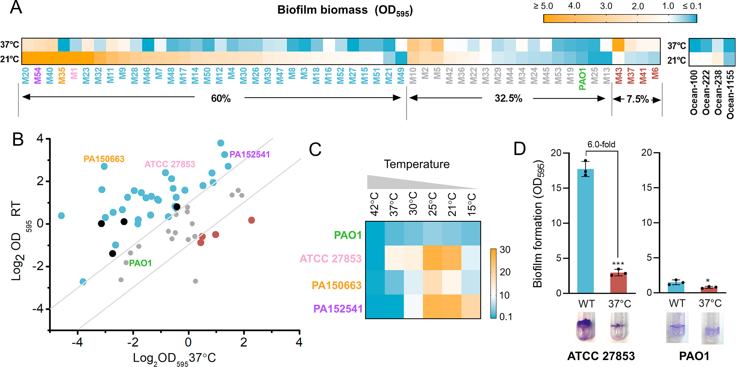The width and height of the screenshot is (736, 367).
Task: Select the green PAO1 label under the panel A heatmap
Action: point(582,79)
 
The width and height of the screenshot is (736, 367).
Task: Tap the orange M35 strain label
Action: point(62,76)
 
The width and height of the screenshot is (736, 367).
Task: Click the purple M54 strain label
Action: point(38,76)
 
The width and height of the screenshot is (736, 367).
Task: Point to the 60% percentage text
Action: point(221,98)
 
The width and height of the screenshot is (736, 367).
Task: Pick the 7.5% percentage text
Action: point(637,99)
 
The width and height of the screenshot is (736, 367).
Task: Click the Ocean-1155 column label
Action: point(730,94)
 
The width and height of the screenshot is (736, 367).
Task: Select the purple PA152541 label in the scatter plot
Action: point(249,154)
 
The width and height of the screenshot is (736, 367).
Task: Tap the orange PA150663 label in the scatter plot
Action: point(104,159)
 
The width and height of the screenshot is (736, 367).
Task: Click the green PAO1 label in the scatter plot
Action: point(140,263)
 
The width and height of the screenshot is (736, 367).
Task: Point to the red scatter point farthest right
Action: point(251,220)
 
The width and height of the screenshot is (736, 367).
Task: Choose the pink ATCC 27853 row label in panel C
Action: point(330,258)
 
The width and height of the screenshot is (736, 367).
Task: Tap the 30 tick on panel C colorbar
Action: point(505,250)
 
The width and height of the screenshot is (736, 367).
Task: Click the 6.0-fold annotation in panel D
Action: point(601,144)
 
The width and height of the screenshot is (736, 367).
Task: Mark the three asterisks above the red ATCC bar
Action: point(618,263)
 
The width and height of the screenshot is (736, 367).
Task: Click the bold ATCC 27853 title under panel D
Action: point(601,356)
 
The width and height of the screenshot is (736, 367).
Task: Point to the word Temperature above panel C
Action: point(417,164)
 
